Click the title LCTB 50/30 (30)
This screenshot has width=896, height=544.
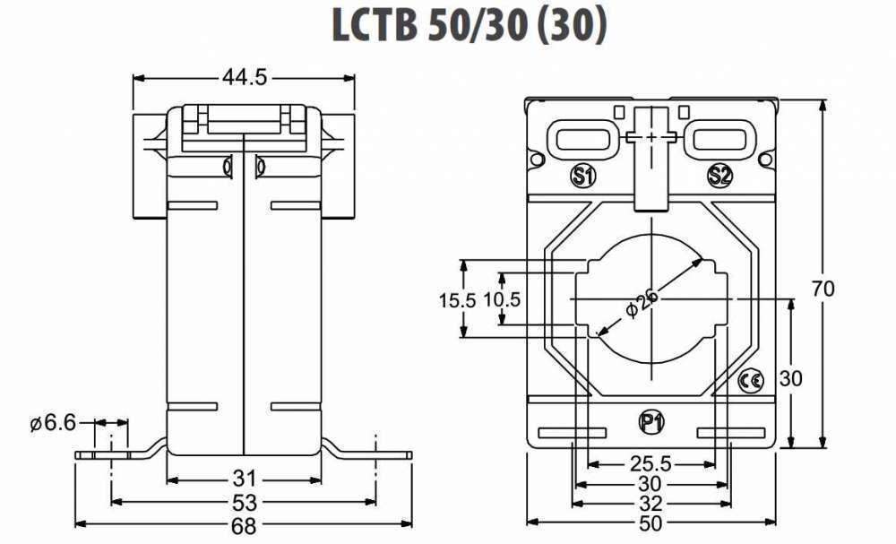pyautogui.click(x=470, y=26)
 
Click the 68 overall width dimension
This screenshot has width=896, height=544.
pyautogui.click(x=245, y=526)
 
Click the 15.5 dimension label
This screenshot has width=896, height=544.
pyautogui.click(x=457, y=300)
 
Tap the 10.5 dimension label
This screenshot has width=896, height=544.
pyautogui.click(x=502, y=300)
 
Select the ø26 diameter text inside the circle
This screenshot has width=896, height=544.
pyautogui.click(x=642, y=301)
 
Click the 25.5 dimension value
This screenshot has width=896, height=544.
pyautogui.click(x=650, y=464)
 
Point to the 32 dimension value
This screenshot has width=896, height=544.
pyautogui.click(x=650, y=502)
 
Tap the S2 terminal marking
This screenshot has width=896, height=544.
pyautogui.click(x=719, y=176)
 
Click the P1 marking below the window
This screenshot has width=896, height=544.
pyautogui.click(x=651, y=421)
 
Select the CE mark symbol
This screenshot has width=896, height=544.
pyautogui.click(x=751, y=381)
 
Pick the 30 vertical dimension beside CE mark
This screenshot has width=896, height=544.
pyautogui.click(x=790, y=378)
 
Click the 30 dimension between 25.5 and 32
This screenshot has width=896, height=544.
pyautogui.click(x=650, y=484)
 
